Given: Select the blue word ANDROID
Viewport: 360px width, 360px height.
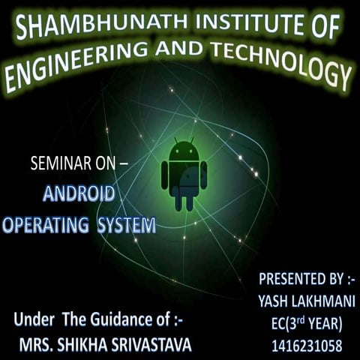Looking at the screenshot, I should pyautogui.click(x=79, y=195).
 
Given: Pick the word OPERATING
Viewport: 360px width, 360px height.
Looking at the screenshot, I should pyautogui.click(x=46, y=224).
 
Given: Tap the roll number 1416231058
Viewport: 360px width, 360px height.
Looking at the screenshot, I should pyautogui.click(x=307, y=346).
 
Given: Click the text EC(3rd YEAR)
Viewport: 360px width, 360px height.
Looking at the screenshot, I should pyautogui.click(x=307, y=323).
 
